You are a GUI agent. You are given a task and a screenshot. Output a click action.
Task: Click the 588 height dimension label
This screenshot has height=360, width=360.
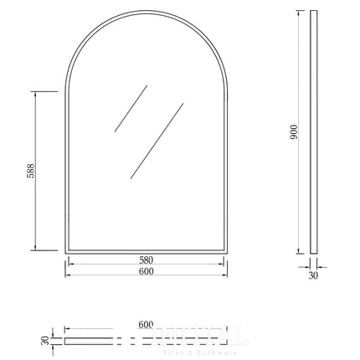tap(29, 171)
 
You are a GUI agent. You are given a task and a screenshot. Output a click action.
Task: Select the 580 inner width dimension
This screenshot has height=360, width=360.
tap(147, 258)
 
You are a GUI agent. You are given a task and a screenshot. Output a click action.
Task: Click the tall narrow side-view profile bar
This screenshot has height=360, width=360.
tap(314, 134)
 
